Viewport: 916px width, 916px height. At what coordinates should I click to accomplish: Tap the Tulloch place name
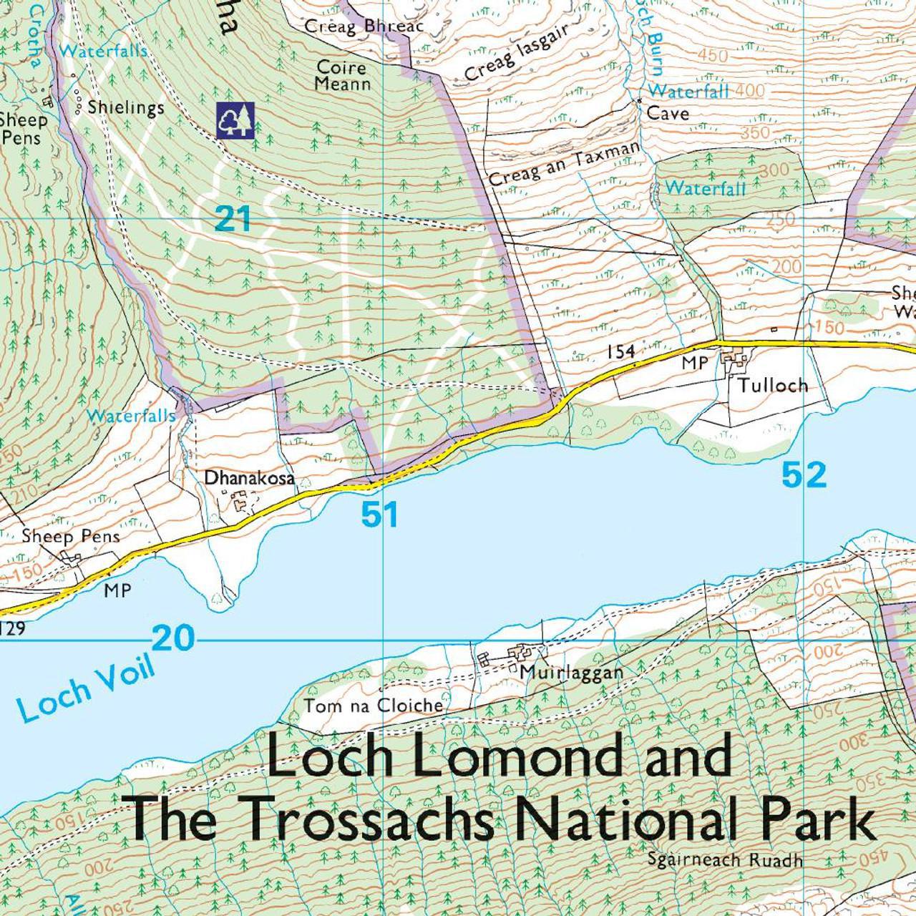point(773,385)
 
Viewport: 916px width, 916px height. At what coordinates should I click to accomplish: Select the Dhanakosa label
point(250,477)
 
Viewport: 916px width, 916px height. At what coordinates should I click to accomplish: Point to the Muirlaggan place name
point(572,673)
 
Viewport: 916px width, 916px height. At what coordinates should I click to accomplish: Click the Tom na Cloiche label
point(374,706)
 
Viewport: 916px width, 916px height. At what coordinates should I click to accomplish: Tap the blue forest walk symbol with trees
point(235,120)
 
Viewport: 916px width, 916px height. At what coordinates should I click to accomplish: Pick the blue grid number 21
point(233,219)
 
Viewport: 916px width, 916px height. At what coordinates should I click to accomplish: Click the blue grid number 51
point(379,515)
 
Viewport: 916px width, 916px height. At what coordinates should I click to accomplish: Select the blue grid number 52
point(804,475)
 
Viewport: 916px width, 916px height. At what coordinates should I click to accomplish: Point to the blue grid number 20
point(173,638)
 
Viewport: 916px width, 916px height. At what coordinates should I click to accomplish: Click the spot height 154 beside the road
point(620,351)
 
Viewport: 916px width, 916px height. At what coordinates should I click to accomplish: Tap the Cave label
point(668,113)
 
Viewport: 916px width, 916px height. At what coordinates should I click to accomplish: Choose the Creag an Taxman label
point(564,164)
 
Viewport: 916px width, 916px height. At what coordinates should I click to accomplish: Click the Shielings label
point(126,107)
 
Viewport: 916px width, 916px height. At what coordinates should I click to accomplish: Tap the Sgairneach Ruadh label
point(724,860)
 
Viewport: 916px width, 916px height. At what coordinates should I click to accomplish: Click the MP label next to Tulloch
point(694,363)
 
